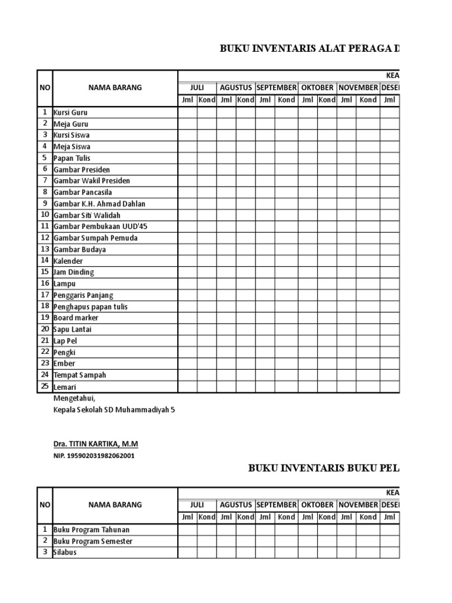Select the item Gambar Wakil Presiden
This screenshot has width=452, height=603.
point(92,181)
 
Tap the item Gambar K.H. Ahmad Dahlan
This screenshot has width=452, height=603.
point(99,204)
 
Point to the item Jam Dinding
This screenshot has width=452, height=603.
point(74,272)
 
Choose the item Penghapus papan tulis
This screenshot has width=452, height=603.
point(91,307)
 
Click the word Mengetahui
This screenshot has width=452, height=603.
point(74,399)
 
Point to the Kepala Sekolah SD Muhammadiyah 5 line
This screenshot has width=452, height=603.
point(114,410)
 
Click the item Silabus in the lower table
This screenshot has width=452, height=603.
point(65,553)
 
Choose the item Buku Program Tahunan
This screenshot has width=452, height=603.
point(91,530)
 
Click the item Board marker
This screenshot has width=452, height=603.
point(76,318)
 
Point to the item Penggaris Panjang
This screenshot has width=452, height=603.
point(84,295)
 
